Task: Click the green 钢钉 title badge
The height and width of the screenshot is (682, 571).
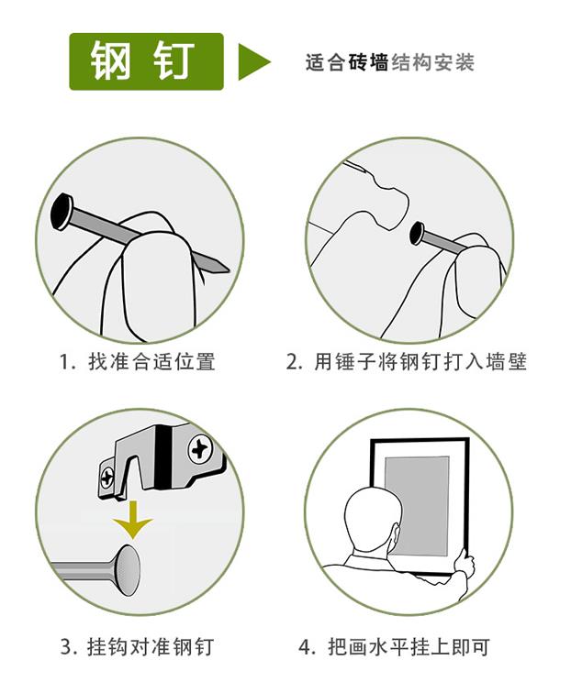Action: (146, 61)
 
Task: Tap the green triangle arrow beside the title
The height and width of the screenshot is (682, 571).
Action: (254, 61)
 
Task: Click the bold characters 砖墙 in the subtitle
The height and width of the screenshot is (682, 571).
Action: (368, 62)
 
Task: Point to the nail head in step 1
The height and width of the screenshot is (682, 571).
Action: (62, 212)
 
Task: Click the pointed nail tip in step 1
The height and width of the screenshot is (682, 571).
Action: (225, 269)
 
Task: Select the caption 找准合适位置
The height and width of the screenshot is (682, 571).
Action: (152, 362)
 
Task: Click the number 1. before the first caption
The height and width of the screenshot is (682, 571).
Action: (67, 362)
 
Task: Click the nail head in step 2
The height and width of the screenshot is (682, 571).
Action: (418, 233)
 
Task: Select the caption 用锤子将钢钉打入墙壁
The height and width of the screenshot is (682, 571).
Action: (420, 362)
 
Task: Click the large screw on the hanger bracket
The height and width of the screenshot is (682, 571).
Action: (200, 450)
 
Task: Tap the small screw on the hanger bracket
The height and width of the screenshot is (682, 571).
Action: (107, 478)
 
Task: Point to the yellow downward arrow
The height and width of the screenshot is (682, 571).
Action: (132, 519)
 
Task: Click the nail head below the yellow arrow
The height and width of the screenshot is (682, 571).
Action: (128, 570)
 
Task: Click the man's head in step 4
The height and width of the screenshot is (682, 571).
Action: (373, 523)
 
